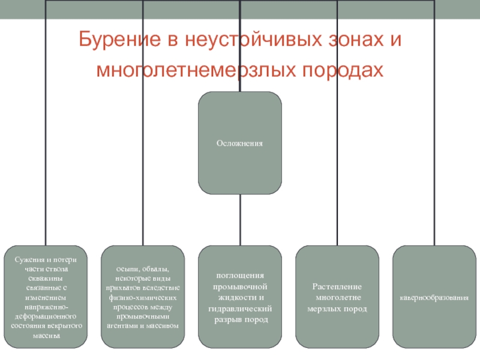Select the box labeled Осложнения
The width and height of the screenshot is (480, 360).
pos(240,143)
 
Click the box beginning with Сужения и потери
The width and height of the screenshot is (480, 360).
pos(46,297)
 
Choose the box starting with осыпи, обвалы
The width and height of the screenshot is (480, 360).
pos(143,297)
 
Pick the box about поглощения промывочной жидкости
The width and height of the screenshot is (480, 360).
pos(240,297)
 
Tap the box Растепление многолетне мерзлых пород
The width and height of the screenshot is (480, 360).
pos(337,297)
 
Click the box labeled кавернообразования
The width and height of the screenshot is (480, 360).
pos(434,297)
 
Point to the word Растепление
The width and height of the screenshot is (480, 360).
pos(337,286)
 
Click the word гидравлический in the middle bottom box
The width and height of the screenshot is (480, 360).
pos(240,308)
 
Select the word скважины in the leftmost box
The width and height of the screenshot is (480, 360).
pos(46,278)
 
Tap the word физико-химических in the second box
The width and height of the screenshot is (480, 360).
pos(143,297)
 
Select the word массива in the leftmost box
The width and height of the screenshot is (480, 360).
pos(46,335)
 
